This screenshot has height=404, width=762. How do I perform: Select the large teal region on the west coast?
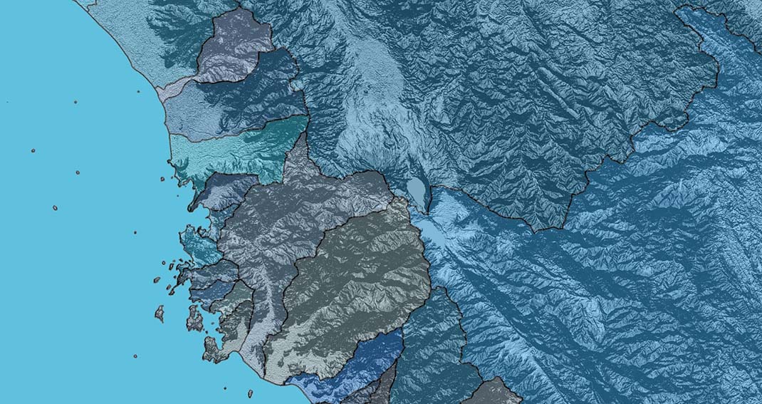(x=235, y=150)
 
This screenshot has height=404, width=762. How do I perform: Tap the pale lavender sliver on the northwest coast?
(x=171, y=89)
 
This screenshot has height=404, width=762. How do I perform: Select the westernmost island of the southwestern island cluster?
(x=160, y=313)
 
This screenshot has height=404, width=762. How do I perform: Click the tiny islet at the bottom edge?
(x=250, y=393)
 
